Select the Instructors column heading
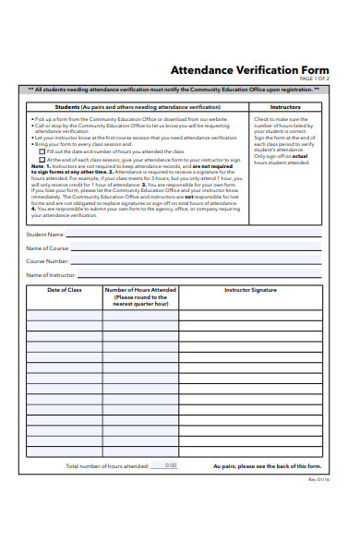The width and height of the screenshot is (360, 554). click(x=284, y=107)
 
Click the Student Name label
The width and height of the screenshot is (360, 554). click(x=44, y=235)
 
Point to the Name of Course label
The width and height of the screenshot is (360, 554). click(x=47, y=248)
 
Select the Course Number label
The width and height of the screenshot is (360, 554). click(x=47, y=261)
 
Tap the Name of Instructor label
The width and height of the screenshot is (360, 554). click(x=50, y=275)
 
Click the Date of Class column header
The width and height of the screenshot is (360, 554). click(x=65, y=290)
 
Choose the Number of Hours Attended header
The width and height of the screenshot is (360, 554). click(x=140, y=295)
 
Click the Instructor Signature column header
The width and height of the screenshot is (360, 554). click(x=250, y=290)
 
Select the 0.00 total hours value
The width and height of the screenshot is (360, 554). click(x=170, y=465)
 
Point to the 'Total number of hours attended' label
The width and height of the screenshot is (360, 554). click(x=106, y=466)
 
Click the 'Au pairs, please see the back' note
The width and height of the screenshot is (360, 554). click(x=268, y=466)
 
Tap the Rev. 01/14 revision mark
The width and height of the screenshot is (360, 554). click(x=318, y=481)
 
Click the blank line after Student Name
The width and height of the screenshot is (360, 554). click(x=194, y=237)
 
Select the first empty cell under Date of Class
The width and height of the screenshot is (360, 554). click(x=65, y=315)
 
